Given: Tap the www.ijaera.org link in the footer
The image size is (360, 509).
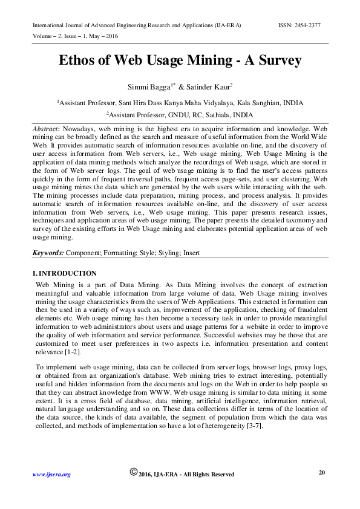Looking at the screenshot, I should tap(51, 475).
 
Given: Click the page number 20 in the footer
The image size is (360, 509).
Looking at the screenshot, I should tap(322, 472).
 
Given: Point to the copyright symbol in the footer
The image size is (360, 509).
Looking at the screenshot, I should tap(134, 472).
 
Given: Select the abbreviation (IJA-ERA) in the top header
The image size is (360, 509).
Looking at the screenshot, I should tap(225, 25).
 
